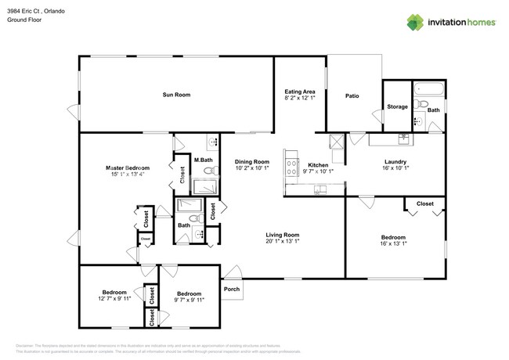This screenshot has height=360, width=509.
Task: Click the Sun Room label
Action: click(176, 95)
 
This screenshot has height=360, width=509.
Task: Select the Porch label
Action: click(232, 289)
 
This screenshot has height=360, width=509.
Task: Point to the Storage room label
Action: click(397, 106)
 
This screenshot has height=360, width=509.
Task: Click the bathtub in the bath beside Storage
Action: click(428, 88)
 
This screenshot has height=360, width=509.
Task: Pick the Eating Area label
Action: click(299, 92)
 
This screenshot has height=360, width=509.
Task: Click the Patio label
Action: click(352, 95)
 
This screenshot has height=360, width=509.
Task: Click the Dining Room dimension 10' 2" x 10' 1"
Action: click(251, 168)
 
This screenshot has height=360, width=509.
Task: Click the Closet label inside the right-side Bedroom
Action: click(424, 203)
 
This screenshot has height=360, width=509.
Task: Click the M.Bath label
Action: click(203, 160)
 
